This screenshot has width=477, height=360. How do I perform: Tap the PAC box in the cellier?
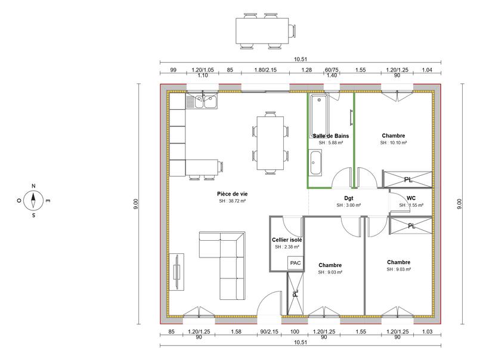click(295, 263)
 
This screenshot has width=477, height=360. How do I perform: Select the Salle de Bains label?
click(330, 136)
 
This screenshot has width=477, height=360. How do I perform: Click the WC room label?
click(411, 198)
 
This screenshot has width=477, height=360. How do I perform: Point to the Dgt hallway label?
click(349, 198)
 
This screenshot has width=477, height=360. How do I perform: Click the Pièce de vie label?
click(232, 194)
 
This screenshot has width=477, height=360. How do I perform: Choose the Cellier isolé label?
click(287, 240)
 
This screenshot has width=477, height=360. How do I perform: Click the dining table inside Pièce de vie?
click(270, 143)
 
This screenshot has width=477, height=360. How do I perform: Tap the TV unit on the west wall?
click(178, 272)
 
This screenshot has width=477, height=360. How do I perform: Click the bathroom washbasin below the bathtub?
click(316, 160)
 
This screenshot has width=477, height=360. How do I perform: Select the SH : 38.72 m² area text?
click(232, 202)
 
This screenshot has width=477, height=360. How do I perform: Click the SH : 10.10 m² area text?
click(393, 143)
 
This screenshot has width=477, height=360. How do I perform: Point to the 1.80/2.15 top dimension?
click(266, 70)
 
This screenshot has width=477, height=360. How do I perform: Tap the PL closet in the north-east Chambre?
click(407, 179)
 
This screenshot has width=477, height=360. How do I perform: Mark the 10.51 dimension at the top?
click(301, 59)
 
